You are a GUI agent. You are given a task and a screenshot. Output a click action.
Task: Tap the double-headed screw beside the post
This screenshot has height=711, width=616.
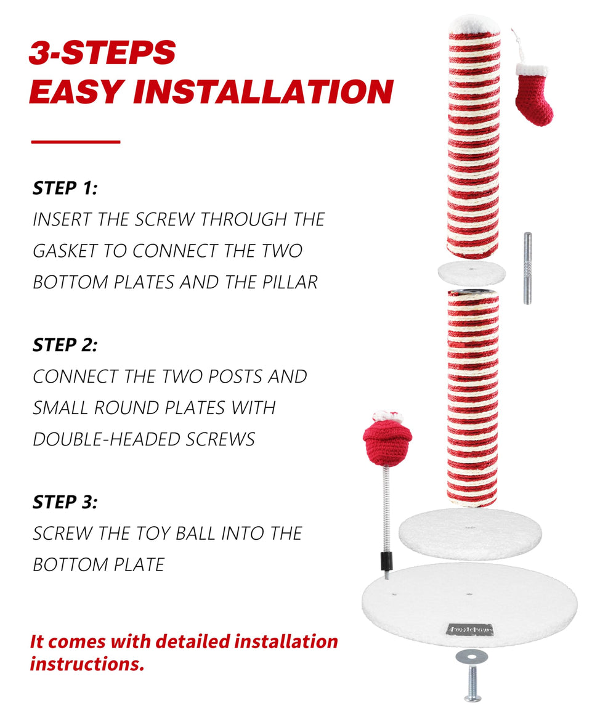point(527,268)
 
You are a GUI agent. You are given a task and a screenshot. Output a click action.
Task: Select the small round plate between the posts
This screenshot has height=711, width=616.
point(471,273)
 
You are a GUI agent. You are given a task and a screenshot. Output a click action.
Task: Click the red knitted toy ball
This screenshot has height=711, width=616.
point(387,440)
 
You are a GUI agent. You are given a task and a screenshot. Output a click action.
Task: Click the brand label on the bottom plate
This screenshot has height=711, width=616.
point(470,630)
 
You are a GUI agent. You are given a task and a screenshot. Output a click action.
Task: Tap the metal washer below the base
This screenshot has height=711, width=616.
point(471,656)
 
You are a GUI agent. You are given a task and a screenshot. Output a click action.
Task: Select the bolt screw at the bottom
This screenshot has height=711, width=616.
point(472,683)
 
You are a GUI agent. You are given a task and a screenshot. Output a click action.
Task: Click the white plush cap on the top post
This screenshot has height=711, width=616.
point(474,24)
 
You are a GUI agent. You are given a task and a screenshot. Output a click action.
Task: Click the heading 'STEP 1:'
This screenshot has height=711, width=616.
point(65,188)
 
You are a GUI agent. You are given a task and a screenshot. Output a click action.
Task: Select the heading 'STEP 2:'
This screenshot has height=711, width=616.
point(65,345)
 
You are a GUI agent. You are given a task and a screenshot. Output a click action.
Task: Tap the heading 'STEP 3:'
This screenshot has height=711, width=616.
point(65,502)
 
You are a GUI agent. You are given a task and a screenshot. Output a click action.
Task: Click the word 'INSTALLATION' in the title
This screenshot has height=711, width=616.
point(263,92)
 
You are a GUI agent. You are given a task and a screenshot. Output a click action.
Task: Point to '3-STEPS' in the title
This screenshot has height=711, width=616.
point(102,52)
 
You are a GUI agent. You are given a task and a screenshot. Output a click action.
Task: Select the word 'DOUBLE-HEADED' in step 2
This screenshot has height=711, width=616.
point(107,439)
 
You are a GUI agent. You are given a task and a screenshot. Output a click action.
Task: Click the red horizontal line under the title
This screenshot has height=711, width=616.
point(76,142)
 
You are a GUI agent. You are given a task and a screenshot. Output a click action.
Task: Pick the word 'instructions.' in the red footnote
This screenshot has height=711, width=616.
point(87,664)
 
